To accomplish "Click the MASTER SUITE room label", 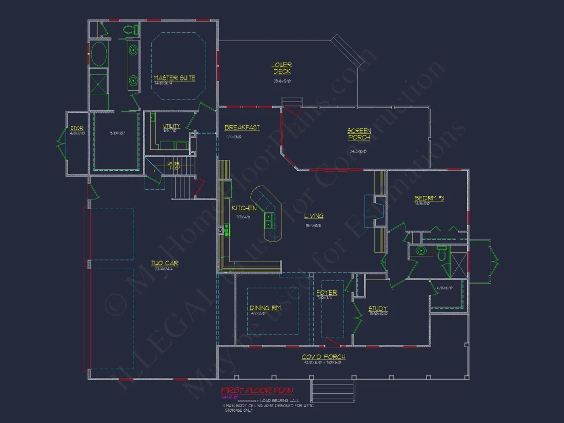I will (174, 78).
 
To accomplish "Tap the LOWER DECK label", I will (282, 68).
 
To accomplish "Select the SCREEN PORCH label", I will (359, 134).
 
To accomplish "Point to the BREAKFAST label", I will (242, 127).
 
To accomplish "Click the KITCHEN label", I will (244, 208).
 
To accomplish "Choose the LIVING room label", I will (314, 216).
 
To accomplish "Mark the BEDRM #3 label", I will (429, 198).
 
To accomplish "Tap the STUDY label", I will (378, 309).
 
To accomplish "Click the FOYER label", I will (327, 293).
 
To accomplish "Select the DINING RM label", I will (265, 308).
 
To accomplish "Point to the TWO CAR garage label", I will (165, 263).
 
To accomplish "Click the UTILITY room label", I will (171, 126).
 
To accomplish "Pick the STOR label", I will (77, 128).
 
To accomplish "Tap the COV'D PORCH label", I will (324, 357).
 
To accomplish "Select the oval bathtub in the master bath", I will (99, 53).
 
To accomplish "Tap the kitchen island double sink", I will (268, 220).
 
